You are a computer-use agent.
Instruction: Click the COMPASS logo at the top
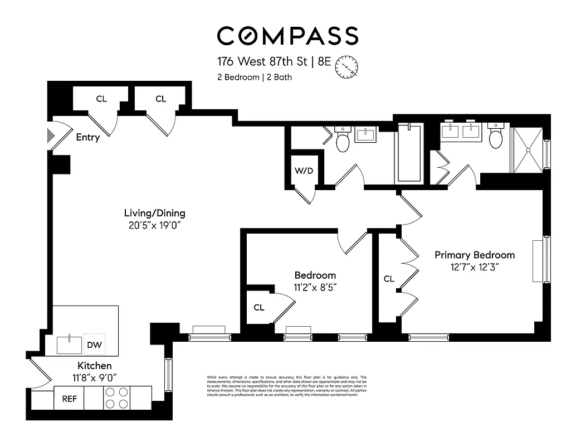tap(287, 36)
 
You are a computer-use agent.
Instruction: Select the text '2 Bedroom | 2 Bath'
tap(254, 77)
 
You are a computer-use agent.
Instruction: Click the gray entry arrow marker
tap(50, 135)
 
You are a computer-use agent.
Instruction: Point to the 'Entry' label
tap(87, 137)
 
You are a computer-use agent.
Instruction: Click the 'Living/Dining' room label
tap(154, 213)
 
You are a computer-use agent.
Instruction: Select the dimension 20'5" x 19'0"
tap(154, 225)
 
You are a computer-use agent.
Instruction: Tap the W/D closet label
tap(304, 171)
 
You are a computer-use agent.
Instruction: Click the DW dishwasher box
tap(94, 345)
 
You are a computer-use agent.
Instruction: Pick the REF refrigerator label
tap(69, 399)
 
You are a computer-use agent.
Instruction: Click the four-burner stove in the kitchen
tap(117, 399)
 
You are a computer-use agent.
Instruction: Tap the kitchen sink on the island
tap(69, 345)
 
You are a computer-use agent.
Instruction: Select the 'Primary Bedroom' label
tap(475, 255)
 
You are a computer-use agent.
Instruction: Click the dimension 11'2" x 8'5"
tap(315, 287)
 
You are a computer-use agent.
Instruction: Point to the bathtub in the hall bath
tap(409, 153)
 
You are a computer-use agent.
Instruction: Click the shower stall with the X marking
tap(526, 150)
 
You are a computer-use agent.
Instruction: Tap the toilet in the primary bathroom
tap(496, 137)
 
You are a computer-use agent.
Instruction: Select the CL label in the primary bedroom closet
tap(389, 278)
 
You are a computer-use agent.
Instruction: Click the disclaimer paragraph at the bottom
tap(286, 386)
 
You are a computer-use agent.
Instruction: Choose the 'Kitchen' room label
tap(94, 366)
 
